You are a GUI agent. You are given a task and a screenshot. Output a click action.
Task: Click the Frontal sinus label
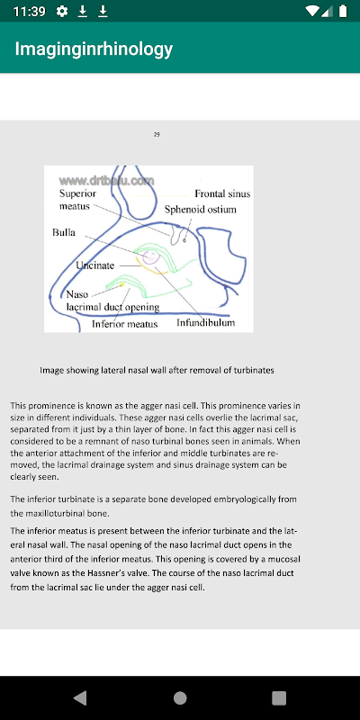(222, 193)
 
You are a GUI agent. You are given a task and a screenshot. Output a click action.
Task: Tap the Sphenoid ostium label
(201, 210)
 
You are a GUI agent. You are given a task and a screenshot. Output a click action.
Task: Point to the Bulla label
(63, 233)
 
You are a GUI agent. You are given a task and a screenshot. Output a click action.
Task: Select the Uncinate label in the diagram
(95, 265)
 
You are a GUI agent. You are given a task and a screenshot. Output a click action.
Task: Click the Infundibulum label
(206, 322)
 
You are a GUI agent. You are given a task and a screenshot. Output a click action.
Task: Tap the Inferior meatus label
(125, 324)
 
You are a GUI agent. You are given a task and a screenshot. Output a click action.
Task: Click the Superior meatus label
(77, 200)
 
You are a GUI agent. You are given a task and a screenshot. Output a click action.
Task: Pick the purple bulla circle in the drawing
(149, 256)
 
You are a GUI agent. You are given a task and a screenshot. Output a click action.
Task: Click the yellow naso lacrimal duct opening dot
(122, 285)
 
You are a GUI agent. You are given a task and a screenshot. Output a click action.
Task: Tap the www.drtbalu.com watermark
(106, 181)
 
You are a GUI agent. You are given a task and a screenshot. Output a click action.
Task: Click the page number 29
(157, 134)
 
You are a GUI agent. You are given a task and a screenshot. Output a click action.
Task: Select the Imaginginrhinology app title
(94, 49)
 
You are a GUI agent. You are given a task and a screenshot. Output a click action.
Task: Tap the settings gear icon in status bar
(62, 12)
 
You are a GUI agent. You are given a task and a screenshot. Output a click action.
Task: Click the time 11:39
(30, 12)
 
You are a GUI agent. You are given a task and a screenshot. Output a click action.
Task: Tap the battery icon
(343, 11)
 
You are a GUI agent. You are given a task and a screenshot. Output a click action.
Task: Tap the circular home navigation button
(180, 698)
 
